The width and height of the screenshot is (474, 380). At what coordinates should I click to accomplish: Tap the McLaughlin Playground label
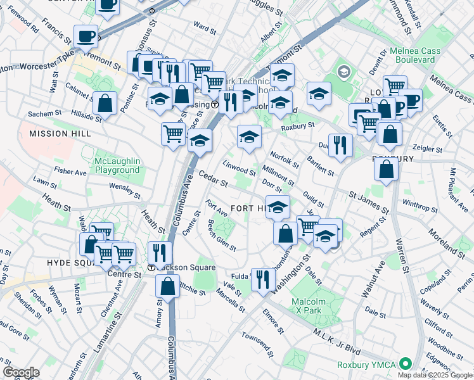(117, 165)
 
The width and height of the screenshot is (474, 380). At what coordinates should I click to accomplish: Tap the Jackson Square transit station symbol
(152, 267)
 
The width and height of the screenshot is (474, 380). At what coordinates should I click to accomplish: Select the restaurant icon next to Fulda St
(262, 278)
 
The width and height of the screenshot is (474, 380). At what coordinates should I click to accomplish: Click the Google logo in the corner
(21, 372)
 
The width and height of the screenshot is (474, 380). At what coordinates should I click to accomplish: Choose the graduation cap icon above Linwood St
(249, 137)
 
